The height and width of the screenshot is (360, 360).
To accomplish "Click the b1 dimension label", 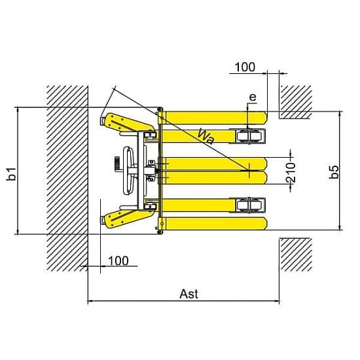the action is [x=12, y=174].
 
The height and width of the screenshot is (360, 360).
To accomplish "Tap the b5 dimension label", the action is [x=334, y=171].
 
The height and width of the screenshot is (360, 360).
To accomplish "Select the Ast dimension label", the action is [x=189, y=294].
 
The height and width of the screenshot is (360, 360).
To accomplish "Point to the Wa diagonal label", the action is [x=206, y=137].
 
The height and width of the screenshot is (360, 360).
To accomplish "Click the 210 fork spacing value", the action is [x=291, y=172].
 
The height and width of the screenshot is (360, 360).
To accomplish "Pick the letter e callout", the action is [x=253, y=97].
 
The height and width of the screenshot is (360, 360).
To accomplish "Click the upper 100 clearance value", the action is [x=245, y=67].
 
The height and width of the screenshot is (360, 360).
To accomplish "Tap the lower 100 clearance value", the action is [x=118, y=261].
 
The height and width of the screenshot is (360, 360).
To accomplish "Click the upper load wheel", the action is [x=249, y=136].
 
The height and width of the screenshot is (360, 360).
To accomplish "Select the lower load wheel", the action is [x=249, y=205].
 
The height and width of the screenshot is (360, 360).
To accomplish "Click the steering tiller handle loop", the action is [x=128, y=170].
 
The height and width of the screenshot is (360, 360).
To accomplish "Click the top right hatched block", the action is [x=295, y=102].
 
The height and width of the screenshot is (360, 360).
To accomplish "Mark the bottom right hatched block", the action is [x=296, y=255].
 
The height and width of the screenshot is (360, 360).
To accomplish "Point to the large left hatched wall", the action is [x=67, y=179].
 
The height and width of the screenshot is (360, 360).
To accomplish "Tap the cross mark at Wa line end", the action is [x=249, y=171].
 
